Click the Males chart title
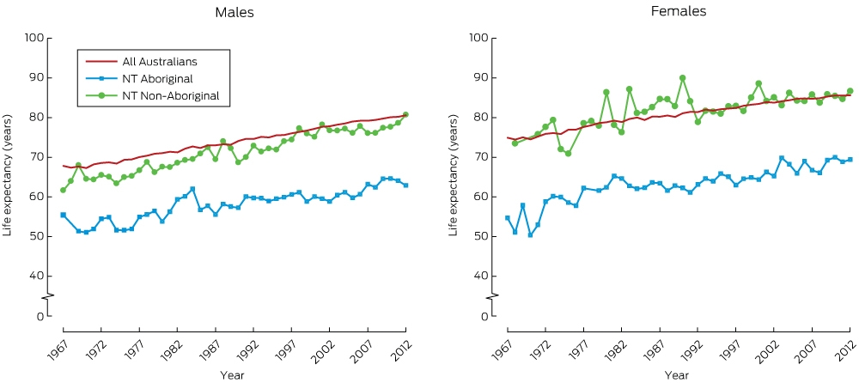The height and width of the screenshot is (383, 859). coord(234,13)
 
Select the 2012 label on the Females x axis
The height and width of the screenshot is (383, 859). coord(843,346)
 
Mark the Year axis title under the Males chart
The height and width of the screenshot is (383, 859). coord(229,375)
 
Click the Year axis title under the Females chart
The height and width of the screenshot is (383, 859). coord(673,375)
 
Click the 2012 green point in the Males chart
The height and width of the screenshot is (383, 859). coord(405,114)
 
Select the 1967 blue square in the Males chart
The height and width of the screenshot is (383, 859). coord(63,215)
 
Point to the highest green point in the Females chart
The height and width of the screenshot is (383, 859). coord(683,78)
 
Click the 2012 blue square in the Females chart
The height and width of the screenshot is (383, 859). coord(850,160)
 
